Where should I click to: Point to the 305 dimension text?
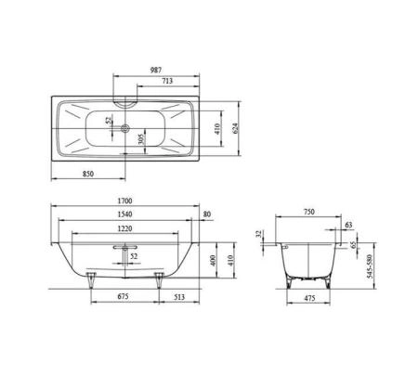(139, 140)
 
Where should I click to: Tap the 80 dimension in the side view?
(206, 215)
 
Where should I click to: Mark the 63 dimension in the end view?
(348, 225)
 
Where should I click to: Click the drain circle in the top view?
(126, 129)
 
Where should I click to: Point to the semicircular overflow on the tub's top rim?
(125, 98)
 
